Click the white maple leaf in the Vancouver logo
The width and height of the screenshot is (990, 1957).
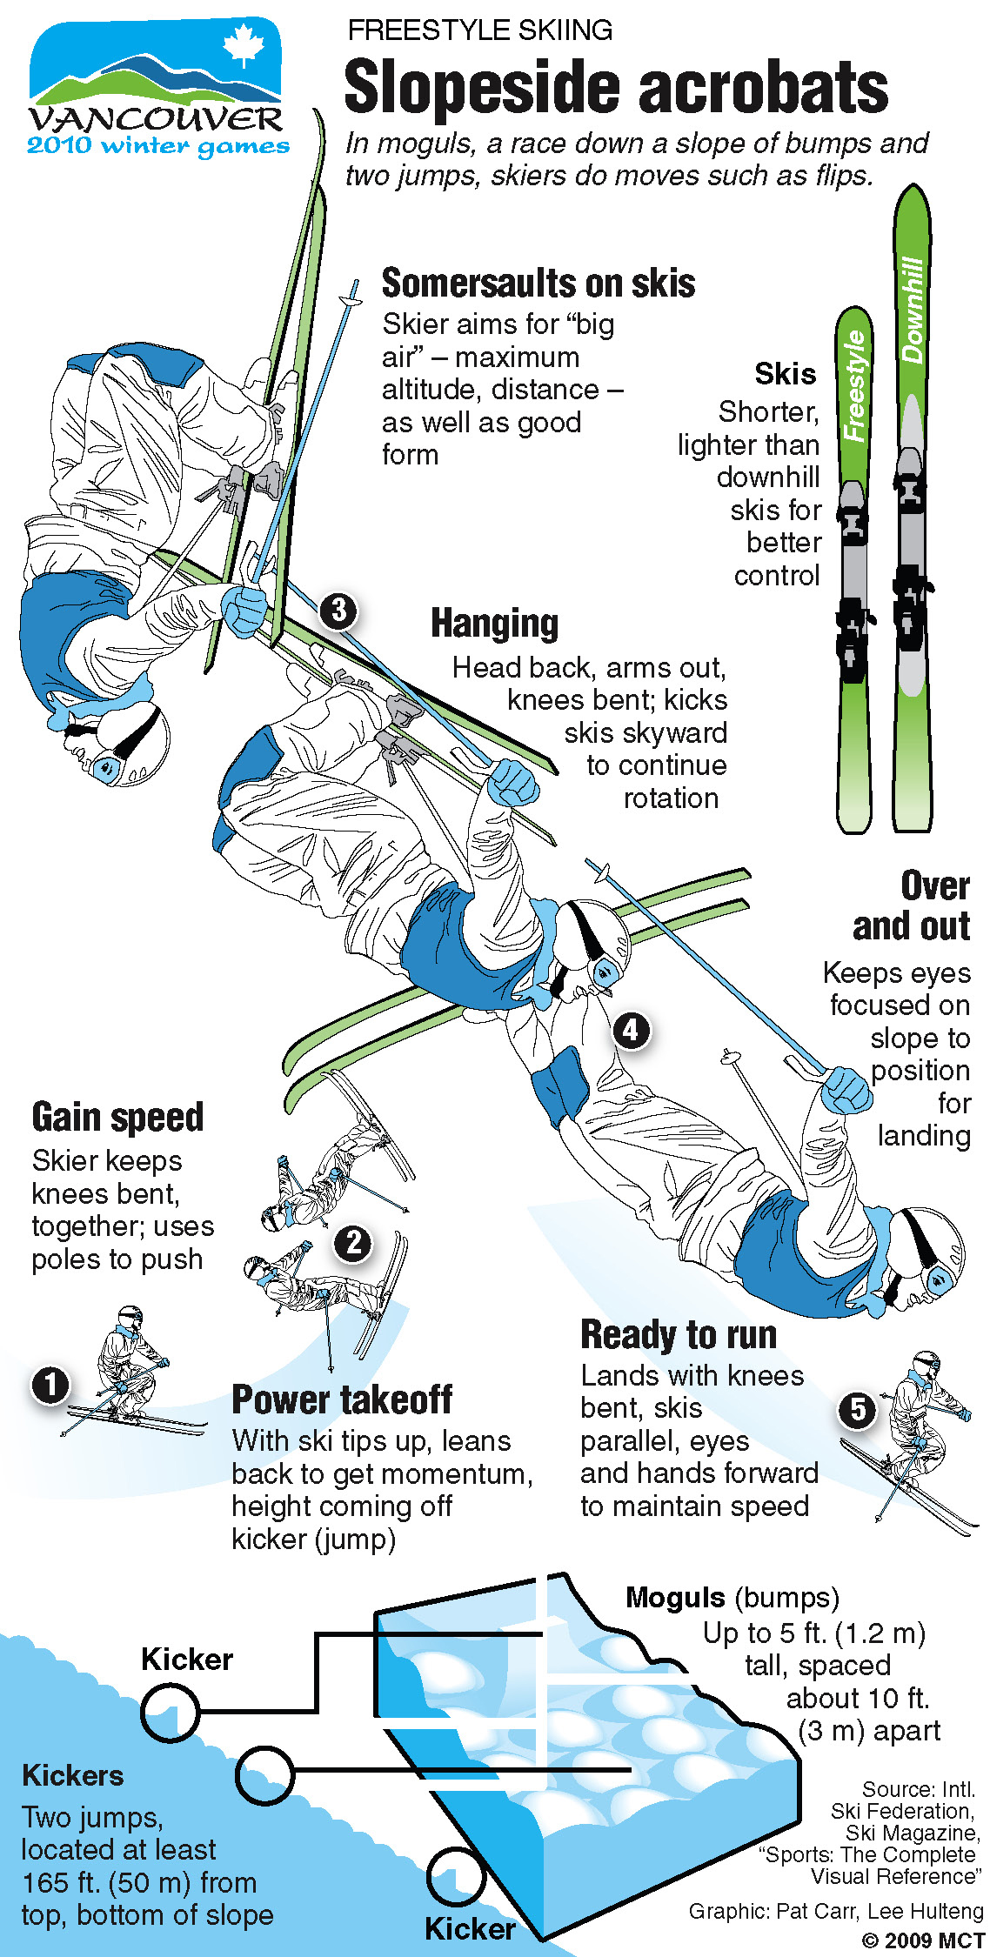pos(244,46)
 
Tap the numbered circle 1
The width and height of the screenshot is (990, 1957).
pos(50,1384)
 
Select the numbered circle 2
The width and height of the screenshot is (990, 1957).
pos(353,1242)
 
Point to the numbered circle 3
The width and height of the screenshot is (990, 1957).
pos(338,610)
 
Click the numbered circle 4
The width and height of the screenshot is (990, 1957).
pos(631,1031)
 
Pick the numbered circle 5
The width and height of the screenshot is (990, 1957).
pos(858,1409)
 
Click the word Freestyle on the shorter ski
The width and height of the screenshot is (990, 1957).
pos(855,385)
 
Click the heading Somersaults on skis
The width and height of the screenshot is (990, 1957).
pos(538,283)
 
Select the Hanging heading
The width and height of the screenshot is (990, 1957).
pos(495,624)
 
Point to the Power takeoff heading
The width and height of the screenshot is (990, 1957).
pos(342,1399)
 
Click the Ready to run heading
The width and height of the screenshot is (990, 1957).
pos(679,1334)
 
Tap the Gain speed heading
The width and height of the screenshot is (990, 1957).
pos(117,1117)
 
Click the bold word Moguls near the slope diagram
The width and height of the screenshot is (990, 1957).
pos(675,1597)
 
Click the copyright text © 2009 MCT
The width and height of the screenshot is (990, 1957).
pos(922,1940)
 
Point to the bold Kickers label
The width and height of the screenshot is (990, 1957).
pos(73,1774)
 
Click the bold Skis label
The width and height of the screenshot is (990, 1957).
pos(786,373)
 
